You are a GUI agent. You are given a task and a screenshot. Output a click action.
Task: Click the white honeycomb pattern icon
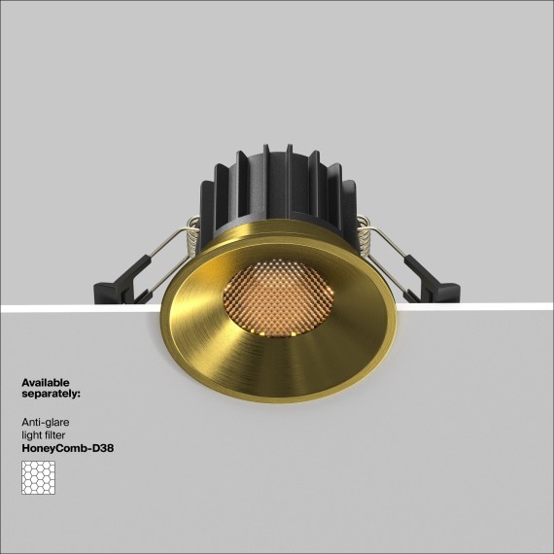[38, 476]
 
